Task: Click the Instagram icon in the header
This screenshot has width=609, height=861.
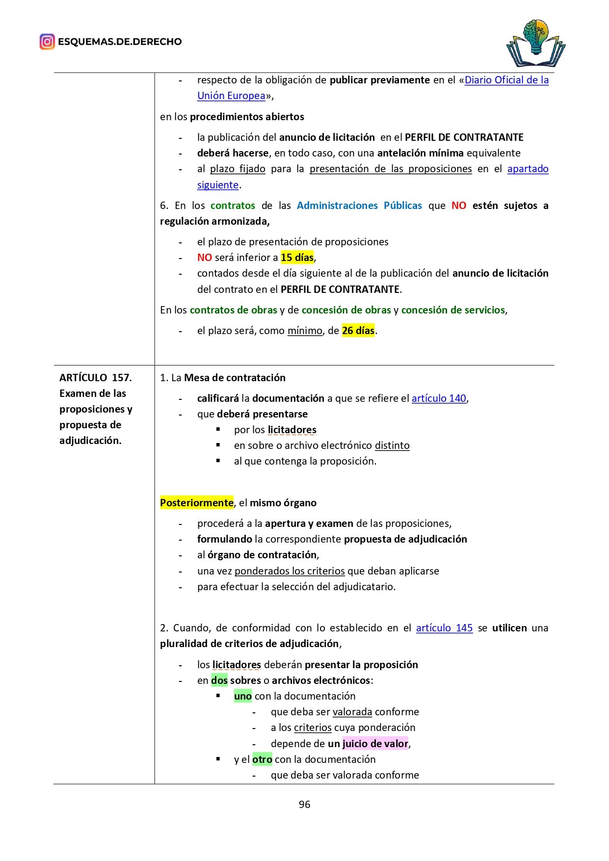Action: coord(47,42)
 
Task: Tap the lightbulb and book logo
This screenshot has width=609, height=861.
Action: coord(535,43)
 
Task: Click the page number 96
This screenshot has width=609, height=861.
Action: coord(304,804)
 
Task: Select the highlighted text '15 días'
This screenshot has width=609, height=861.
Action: coord(297,258)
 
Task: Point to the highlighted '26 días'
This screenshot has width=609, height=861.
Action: coord(358,331)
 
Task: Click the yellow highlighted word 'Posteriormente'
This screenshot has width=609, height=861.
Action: coord(197,503)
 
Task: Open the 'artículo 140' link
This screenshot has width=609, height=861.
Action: coord(439,398)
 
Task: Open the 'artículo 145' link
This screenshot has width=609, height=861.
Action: coord(444,628)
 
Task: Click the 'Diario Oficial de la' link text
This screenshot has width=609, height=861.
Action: coord(506,80)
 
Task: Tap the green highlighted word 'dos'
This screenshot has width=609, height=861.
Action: coord(219,680)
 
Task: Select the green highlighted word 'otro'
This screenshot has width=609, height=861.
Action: coord(262,759)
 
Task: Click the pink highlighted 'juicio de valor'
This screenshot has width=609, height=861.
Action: coord(375,744)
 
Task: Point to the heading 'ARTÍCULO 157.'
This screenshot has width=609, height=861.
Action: coord(96,378)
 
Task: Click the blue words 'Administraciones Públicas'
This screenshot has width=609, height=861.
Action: coord(359,206)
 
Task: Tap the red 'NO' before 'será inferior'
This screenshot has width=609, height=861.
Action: coord(205,258)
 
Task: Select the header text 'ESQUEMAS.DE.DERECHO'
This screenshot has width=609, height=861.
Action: coord(120,42)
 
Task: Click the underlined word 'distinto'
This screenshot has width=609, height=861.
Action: coord(392,445)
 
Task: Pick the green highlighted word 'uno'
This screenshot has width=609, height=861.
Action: coord(243,696)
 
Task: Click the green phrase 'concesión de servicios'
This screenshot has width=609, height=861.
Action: coord(453,310)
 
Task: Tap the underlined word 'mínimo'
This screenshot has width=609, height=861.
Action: coord(305,331)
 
